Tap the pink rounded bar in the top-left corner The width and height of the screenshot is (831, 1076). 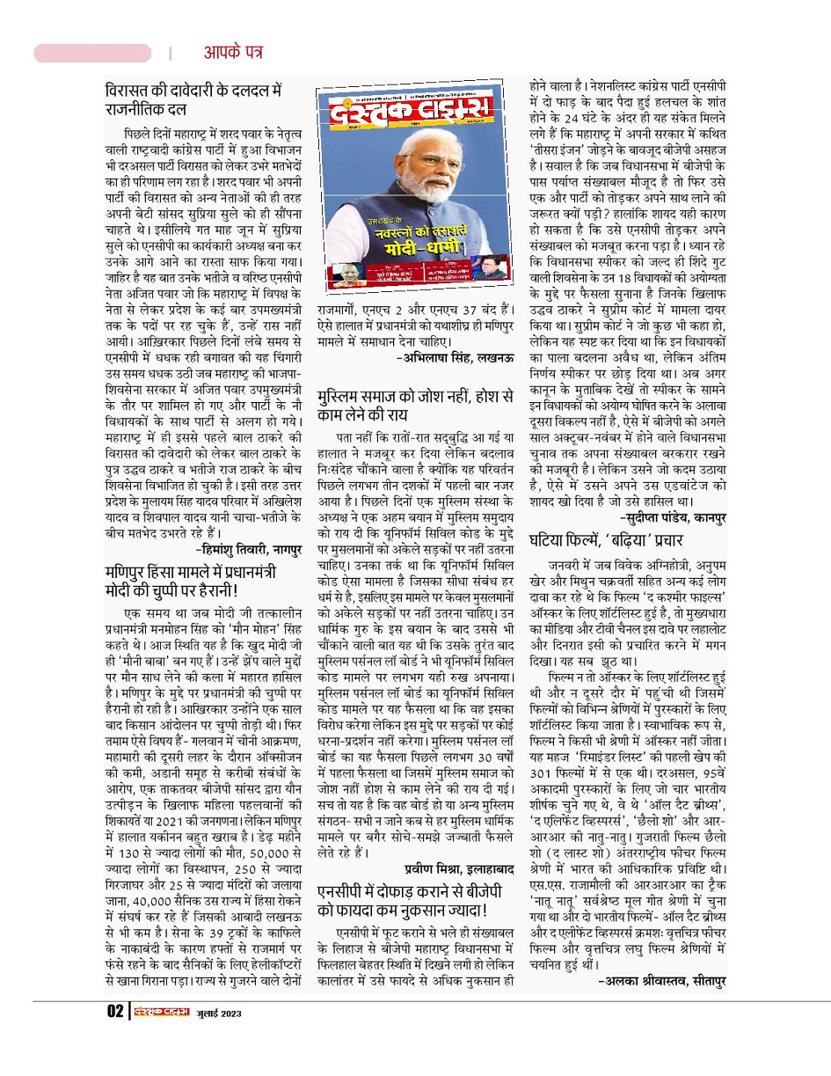point(92,53)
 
